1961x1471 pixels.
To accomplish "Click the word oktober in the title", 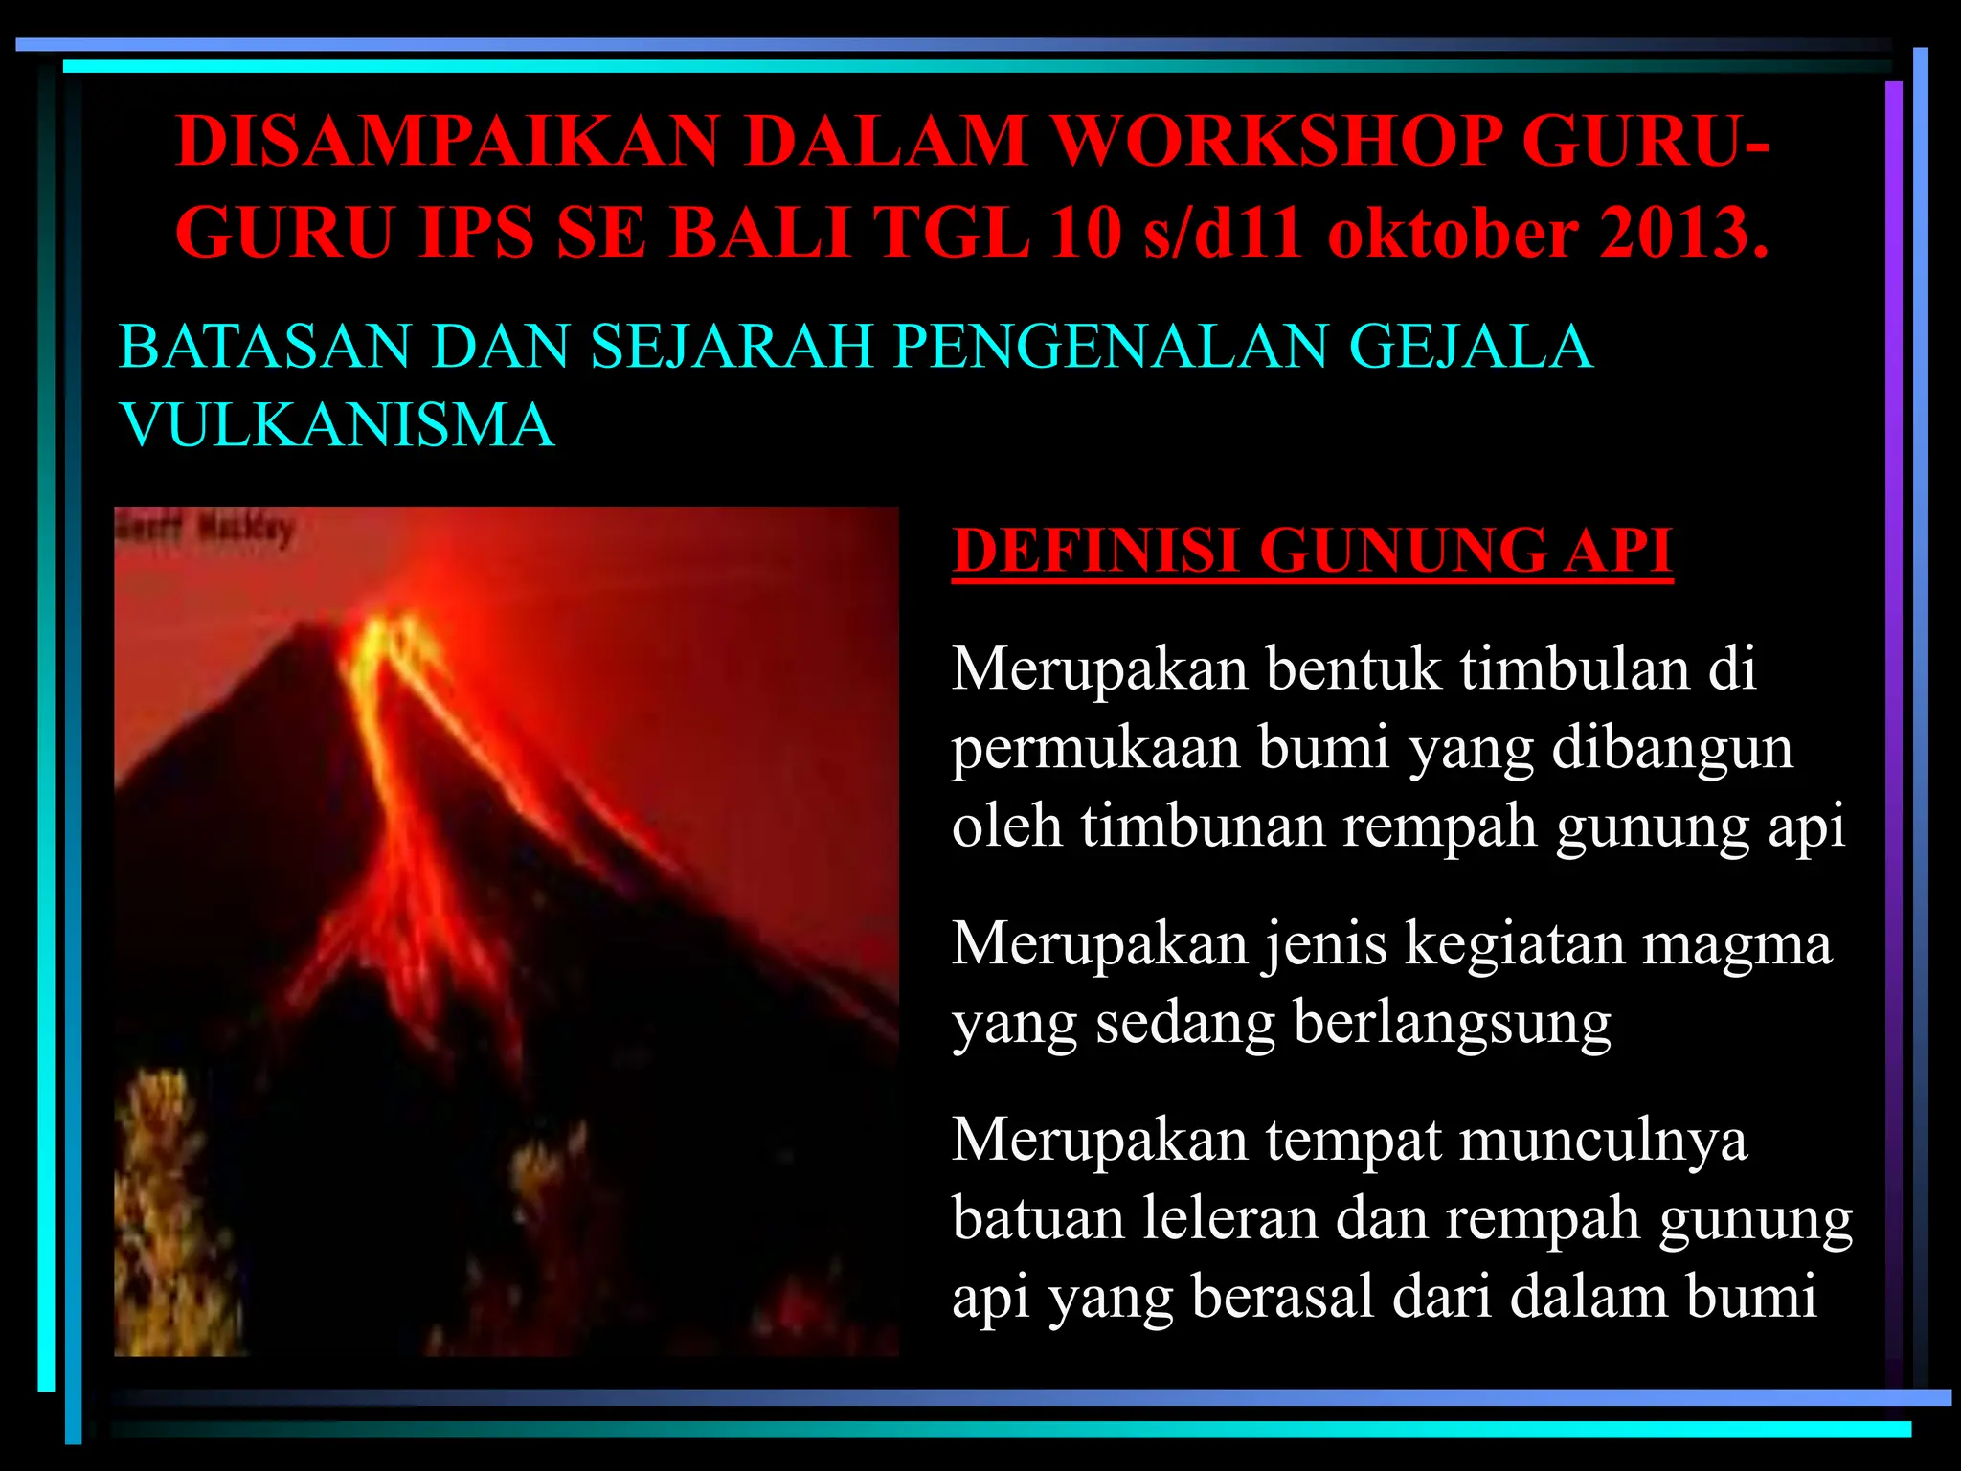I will coord(1453,233).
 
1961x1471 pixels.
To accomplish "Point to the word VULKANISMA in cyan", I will coord(337,424).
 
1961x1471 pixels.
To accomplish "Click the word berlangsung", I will coord(1452,1022).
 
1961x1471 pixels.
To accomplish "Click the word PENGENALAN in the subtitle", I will coord(1111,346).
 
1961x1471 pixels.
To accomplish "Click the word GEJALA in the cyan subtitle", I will coord(1470,346).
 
